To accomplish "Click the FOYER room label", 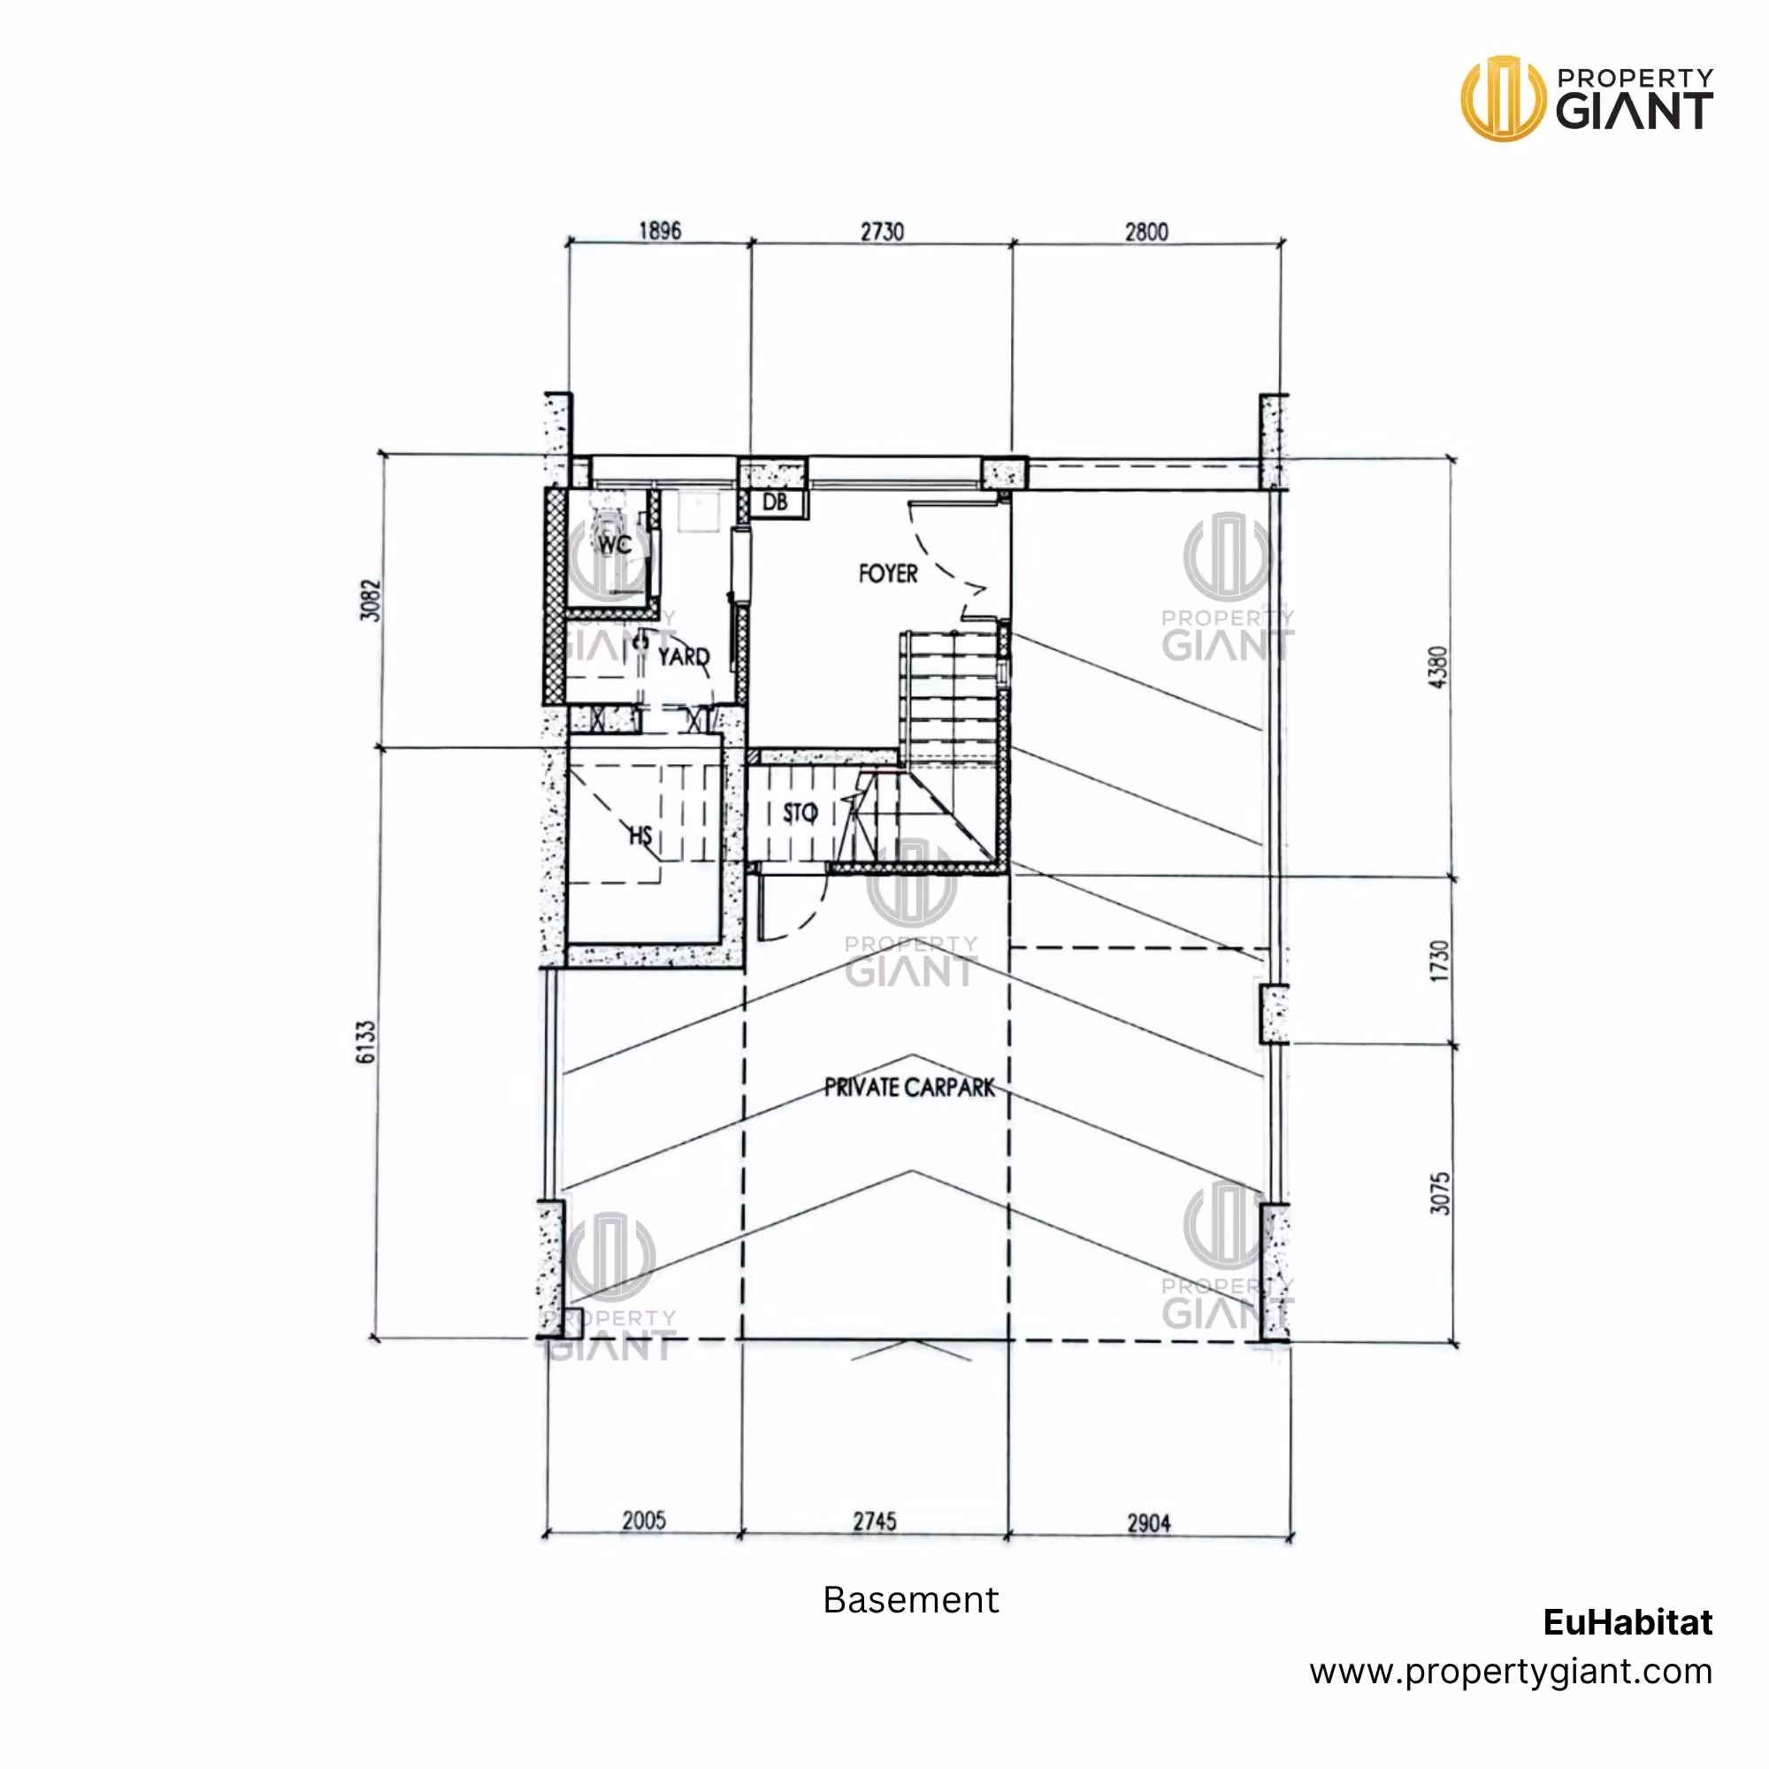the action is click(x=887, y=574).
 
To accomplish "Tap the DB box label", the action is click(x=775, y=502).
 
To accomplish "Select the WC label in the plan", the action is click(x=615, y=545).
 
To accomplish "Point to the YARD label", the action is click(x=683, y=656).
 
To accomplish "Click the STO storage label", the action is click(x=800, y=813).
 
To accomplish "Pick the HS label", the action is click(x=640, y=835).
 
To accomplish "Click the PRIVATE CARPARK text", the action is click(x=909, y=1087).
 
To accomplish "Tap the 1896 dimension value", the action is click(x=660, y=230).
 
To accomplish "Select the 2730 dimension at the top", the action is click(x=882, y=232).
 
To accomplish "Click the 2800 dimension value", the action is click(x=1146, y=232).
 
